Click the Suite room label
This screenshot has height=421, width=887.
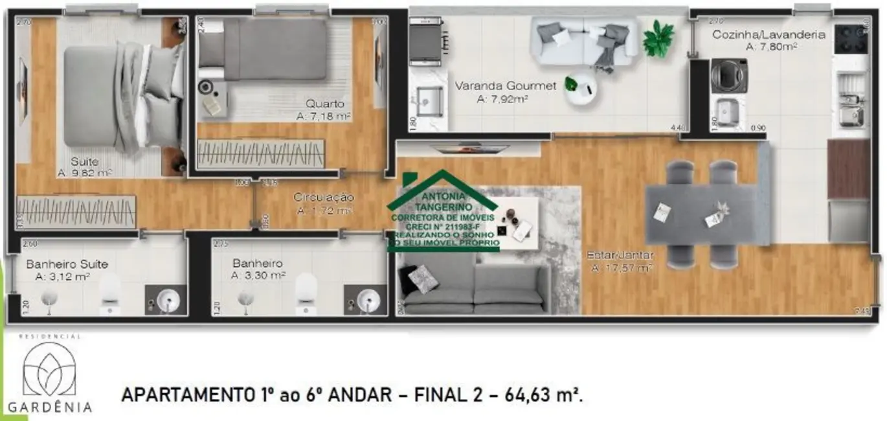coord(85,161)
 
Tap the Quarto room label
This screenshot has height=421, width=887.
coord(325,104)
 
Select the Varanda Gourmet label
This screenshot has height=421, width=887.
coord(505,86)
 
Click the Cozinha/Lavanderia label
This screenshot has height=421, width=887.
coord(769,34)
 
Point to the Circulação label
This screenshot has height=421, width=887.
coord(324,197)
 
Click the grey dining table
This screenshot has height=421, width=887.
coord(701,214)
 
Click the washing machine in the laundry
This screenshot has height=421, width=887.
coord(729,76)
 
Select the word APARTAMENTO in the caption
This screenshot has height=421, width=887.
coord(186,394)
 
